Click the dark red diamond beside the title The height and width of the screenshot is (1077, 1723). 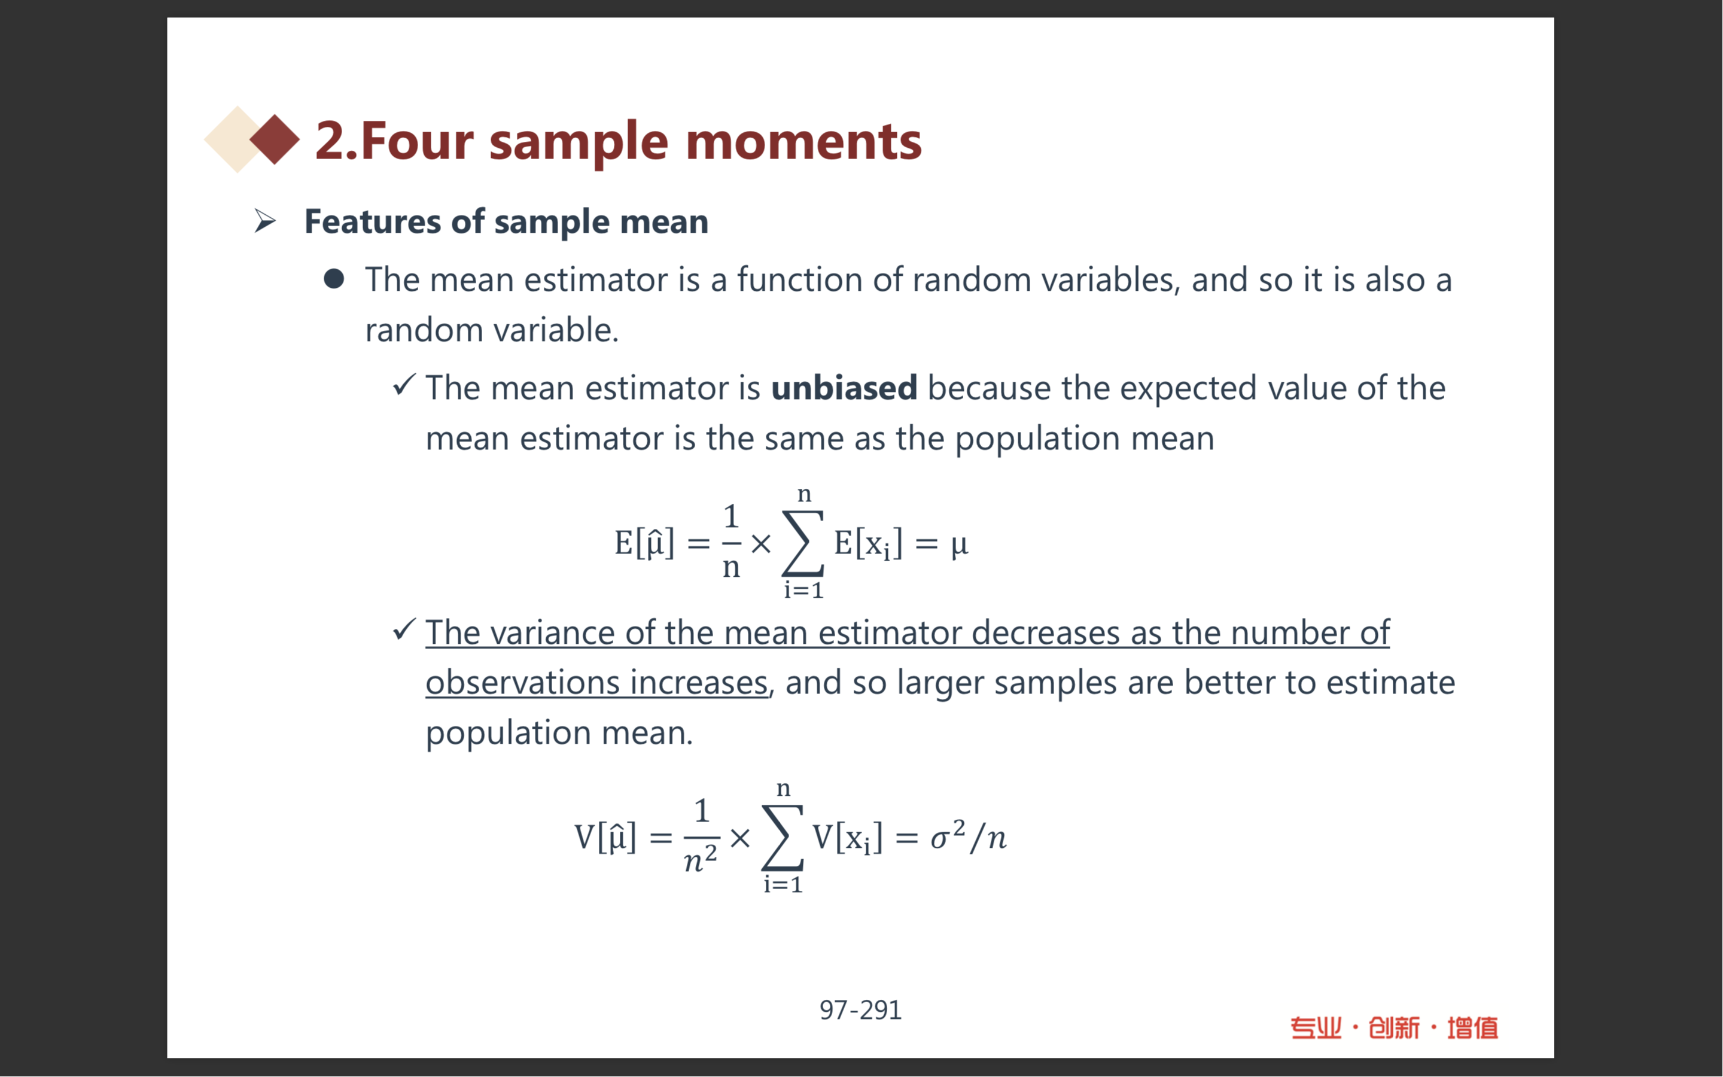coord(275,139)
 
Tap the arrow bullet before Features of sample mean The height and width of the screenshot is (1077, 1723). coord(265,221)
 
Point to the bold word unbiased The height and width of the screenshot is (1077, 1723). coord(844,388)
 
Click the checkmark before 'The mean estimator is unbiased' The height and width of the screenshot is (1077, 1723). coord(404,385)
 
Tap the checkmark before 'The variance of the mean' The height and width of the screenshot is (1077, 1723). coord(404,629)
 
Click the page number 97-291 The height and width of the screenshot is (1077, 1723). coord(860,1010)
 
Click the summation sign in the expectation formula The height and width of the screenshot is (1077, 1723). coord(803,543)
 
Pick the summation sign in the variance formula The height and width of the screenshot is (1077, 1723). coord(783,838)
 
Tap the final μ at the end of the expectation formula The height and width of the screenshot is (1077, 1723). coord(960,545)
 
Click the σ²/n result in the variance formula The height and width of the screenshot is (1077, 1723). coord(969,836)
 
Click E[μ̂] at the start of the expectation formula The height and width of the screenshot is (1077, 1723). coord(644,543)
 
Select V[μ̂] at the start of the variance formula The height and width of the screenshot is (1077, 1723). coord(605,836)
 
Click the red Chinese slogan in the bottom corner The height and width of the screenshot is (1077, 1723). coord(1394,1028)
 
